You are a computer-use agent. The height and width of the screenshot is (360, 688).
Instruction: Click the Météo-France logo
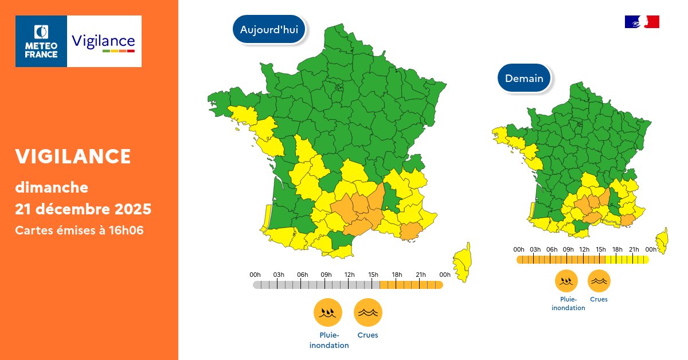[41, 41]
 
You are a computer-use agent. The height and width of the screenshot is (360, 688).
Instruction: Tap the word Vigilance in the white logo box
[103, 41]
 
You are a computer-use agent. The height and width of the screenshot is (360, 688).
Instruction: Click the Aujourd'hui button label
[269, 30]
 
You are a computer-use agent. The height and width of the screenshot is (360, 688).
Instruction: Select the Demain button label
[524, 79]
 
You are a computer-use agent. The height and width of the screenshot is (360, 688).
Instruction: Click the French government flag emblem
[642, 22]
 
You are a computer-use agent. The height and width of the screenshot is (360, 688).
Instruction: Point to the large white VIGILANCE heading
[73, 156]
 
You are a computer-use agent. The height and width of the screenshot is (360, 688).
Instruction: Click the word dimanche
[52, 187]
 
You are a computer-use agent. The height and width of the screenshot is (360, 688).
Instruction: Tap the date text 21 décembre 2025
[83, 209]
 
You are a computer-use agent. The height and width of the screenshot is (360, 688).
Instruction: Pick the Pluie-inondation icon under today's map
[328, 312]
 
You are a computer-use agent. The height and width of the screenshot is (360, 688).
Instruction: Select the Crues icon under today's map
[368, 312]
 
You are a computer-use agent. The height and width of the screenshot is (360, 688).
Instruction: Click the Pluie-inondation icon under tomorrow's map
[566, 281]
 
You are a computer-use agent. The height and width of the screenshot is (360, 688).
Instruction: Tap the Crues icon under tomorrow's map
[599, 281]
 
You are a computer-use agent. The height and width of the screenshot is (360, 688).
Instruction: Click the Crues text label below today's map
[368, 335]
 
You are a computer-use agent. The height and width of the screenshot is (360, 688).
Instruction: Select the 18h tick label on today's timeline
[397, 275]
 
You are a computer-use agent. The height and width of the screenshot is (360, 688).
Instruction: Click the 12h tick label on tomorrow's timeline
[584, 249]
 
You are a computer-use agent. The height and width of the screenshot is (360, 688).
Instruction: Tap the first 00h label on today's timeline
[255, 275]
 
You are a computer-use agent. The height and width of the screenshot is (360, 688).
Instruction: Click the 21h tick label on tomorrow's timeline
[634, 249]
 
